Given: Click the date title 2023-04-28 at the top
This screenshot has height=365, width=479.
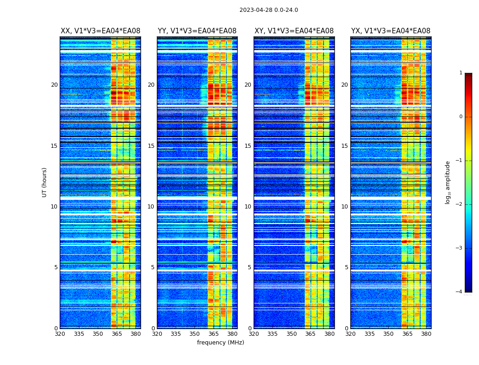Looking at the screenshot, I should tap(269, 10).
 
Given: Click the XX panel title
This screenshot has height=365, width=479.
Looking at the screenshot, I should tap(100, 31).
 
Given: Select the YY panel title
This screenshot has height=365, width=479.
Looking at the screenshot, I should tap(197, 31).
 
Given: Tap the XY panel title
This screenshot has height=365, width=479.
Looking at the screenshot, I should tap(294, 31).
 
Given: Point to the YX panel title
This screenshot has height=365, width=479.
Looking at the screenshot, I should tap(390, 31).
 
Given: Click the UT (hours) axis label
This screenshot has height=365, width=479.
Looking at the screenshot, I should tap(45, 182).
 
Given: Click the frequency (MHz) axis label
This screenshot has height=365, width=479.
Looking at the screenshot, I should tap(220, 343).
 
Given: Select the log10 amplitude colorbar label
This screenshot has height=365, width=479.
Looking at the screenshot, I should tap(448, 182).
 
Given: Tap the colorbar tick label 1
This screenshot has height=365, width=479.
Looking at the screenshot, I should tap(461, 73).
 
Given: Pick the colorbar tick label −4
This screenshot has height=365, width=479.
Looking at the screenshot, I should tap(459, 292).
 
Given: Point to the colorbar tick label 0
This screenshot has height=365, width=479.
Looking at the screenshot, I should tap(461, 117).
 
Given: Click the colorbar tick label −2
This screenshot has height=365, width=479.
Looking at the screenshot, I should tap(459, 204).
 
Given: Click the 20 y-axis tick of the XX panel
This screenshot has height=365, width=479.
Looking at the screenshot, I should tap(54, 85).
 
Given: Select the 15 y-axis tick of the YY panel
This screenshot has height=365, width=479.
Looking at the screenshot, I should tap(151, 146).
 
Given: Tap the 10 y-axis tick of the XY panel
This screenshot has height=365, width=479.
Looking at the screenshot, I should tap(248, 207).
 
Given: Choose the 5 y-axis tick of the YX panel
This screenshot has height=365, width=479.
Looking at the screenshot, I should tap(346, 267).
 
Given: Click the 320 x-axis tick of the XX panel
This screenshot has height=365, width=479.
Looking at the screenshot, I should tap(60, 334).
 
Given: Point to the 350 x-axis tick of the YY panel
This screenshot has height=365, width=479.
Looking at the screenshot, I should tap(195, 334).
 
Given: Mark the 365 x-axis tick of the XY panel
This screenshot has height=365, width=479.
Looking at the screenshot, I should tap(310, 334).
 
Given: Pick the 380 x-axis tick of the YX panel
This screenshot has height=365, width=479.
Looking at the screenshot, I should tap(426, 334).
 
